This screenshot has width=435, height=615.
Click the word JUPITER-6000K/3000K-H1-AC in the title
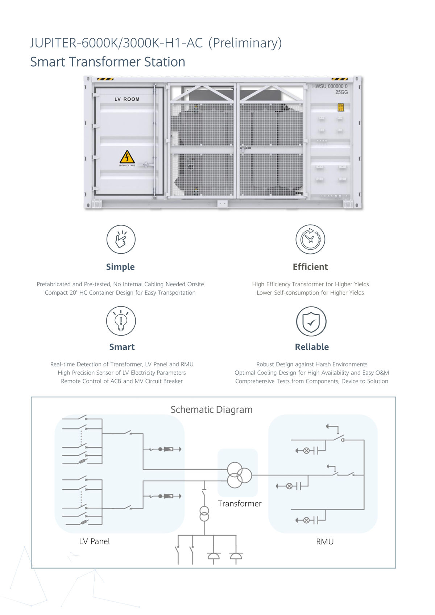[116, 43]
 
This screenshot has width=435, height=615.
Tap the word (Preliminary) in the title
[245, 43]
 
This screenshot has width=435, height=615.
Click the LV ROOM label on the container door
[127, 99]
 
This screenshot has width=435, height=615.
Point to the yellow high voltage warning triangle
[127, 157]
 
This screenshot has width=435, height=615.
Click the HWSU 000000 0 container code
[330, 86]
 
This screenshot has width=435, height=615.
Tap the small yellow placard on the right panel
[340, 107]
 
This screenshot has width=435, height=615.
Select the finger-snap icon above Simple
[121, 239]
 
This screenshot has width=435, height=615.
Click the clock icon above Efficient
[310, 239]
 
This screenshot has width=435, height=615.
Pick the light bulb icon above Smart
[121, 321]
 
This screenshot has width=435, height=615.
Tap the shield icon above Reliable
[311, 321]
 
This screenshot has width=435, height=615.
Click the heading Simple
[120, 267]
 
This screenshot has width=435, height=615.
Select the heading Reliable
[312, 347]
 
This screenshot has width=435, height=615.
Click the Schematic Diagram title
[211, 410]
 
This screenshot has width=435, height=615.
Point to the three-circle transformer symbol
[239, 475]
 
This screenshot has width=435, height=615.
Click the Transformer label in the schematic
[240, 503]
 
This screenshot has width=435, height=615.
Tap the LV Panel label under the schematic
[94, 541]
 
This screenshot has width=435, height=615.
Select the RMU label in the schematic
[324, 541]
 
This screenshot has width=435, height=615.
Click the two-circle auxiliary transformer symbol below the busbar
[204, 514]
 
